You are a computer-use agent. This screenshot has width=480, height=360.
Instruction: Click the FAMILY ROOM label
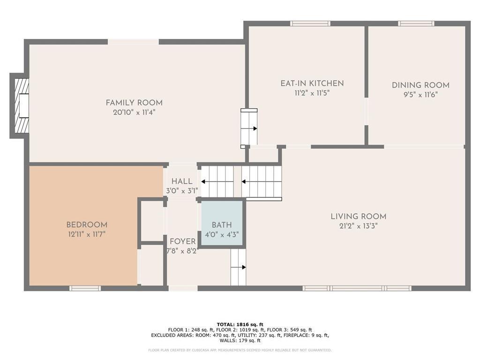[134, 103]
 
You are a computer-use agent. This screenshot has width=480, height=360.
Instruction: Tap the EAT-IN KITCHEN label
[312, 83]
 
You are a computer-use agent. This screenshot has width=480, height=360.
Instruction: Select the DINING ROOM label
[420, 85]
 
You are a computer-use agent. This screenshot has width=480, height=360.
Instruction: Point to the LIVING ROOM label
[359, 217]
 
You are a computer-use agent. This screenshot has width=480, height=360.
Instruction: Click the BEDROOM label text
[87, 225]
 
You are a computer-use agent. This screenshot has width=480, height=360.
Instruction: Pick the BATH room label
[222, 225]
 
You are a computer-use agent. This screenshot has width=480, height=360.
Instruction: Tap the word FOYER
[183, 241]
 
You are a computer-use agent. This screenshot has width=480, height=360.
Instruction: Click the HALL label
[182, 181]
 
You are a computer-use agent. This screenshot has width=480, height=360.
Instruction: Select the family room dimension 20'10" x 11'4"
[134, 112]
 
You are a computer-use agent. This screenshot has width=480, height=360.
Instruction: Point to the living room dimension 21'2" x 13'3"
[359, 226]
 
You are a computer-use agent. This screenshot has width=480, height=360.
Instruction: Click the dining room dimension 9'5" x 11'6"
[420, 95]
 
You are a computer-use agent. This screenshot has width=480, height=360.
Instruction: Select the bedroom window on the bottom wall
[85, 288]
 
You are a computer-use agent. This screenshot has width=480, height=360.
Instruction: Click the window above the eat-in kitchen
[310, 23]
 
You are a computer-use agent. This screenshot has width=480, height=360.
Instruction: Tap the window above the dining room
[416, 23]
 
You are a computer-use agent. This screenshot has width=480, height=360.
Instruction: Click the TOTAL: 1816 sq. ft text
[240, 324]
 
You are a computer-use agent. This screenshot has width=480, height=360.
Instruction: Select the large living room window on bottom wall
[357, 288]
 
